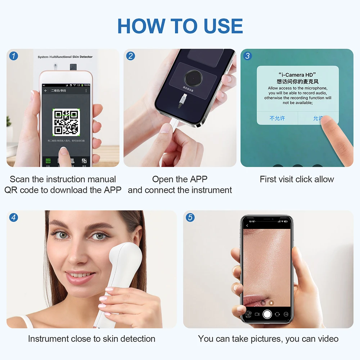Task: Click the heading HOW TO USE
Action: [x=180, y=26]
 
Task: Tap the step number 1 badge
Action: [x=14, y=56]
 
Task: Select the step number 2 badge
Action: [x=131, y=56]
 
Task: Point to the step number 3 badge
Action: [x=248, y=56]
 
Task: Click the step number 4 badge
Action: [x=14, y=217]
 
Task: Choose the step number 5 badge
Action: [x=190, y=217]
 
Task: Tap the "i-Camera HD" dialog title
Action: [x=297, y=75]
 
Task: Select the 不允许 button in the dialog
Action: [x=277, y=118]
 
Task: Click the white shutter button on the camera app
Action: [x=267, y=314]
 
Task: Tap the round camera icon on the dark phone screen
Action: [x=194, y=77]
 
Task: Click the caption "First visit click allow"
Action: [x=297, y=179]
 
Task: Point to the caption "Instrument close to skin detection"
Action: [x=91, y=339]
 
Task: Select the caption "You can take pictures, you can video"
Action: [x=268, y=339]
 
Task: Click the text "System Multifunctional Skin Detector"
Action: [x=65, y=57]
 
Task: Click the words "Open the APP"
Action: [x=180, y=179]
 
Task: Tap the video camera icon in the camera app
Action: [x=257, y=314]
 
